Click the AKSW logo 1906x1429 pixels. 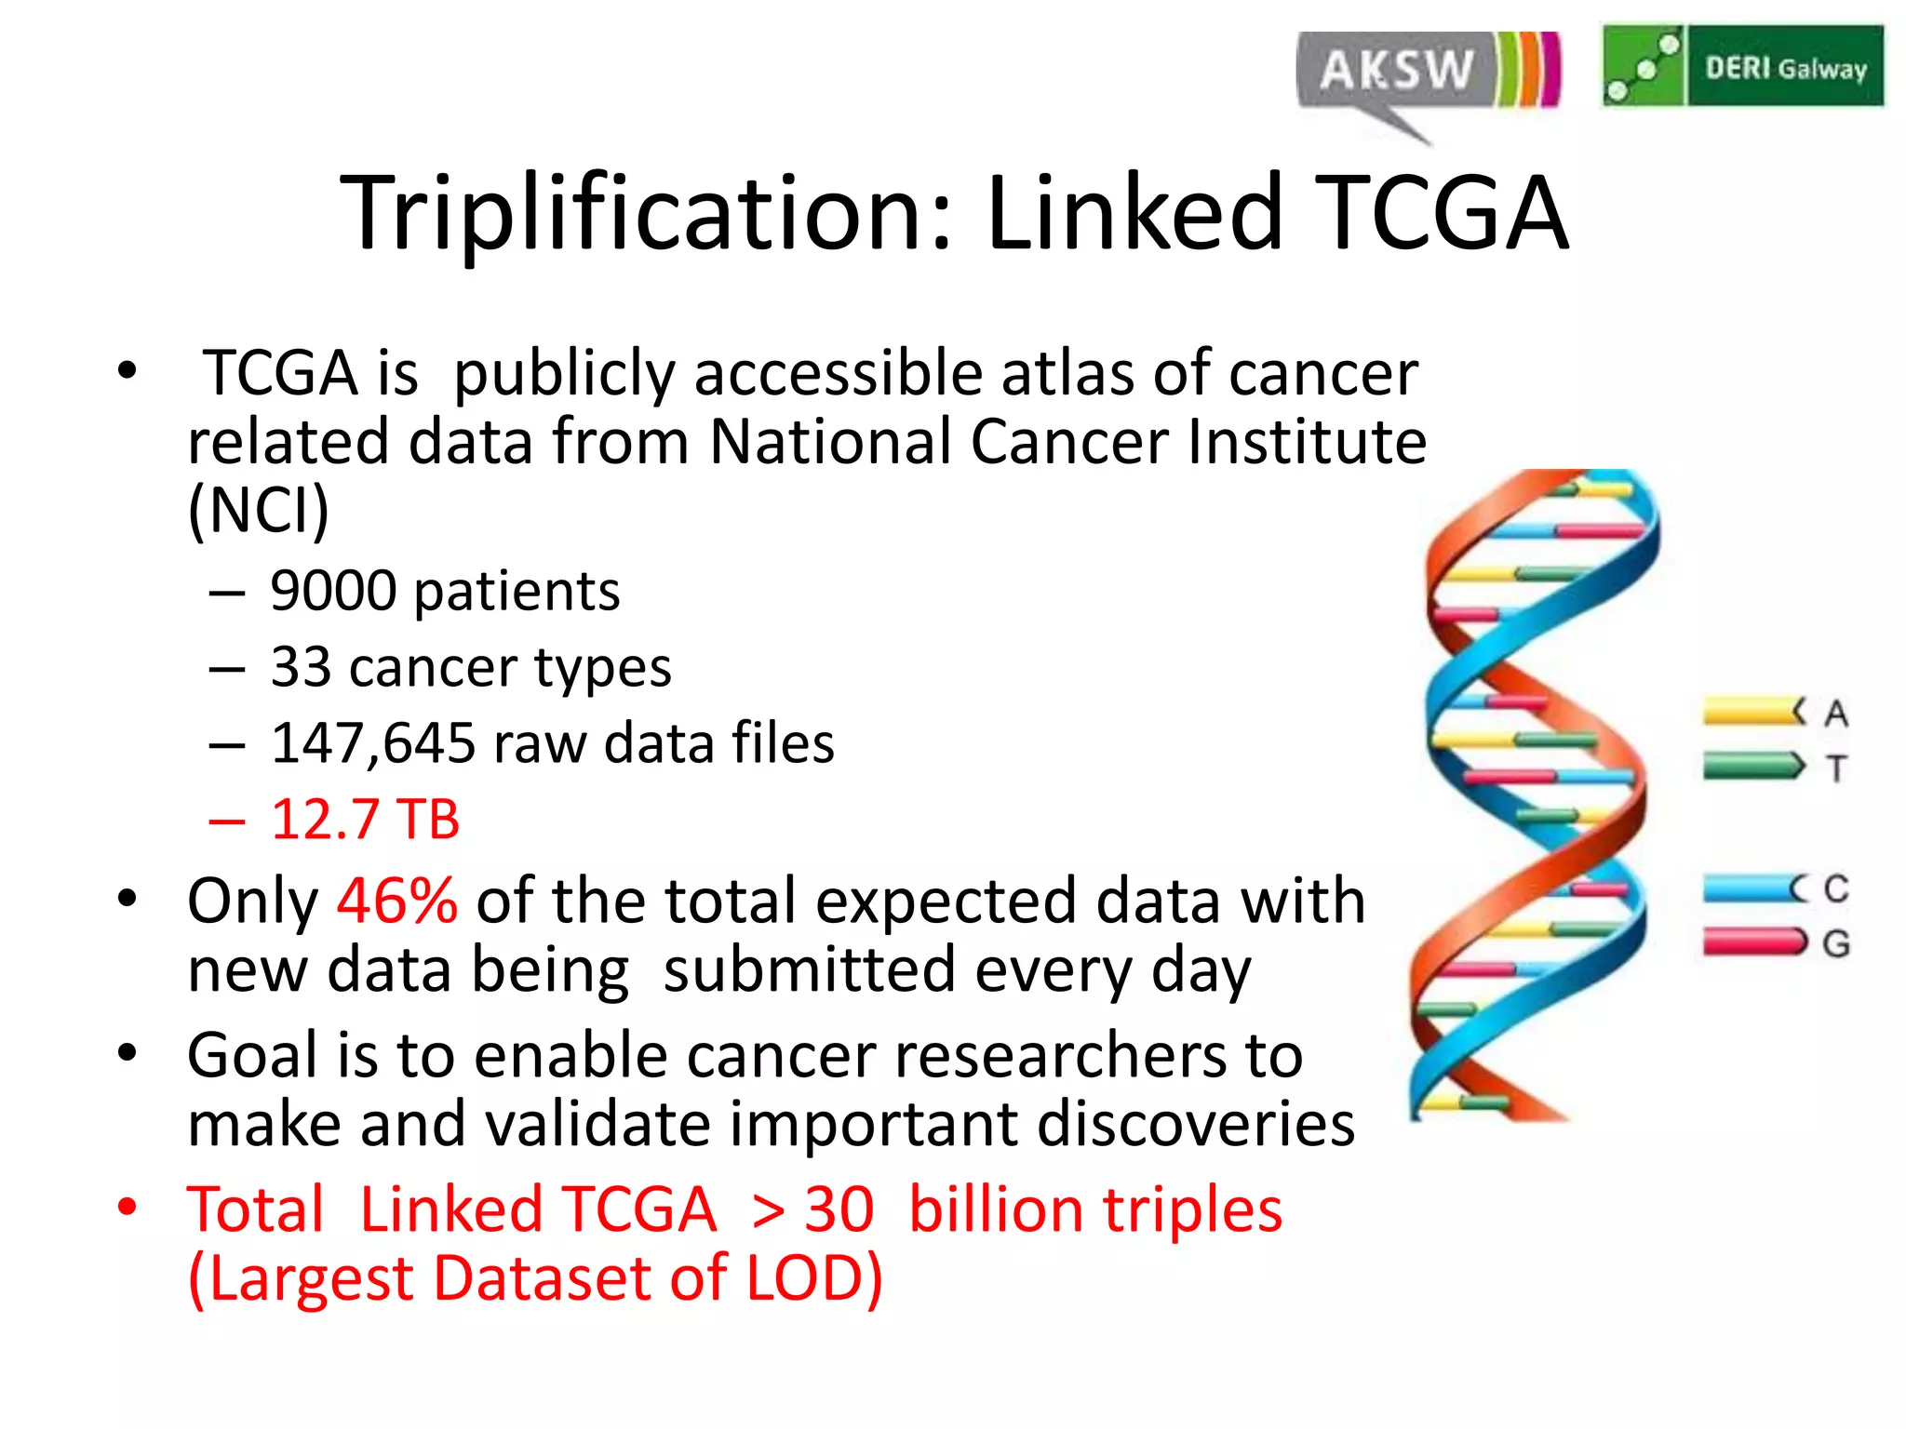tap(1427, 73)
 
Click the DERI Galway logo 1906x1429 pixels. tap(1742, 67)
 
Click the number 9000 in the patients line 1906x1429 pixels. tap(333, 592)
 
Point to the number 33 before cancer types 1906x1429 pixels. tap(301, 668)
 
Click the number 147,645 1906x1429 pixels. tap(372, 744)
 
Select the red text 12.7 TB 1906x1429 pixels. tap(365, 821)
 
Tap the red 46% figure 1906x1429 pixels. tap(397, 901)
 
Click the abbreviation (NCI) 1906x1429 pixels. tap(259, 510)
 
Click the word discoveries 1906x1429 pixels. tap(1195, 1125)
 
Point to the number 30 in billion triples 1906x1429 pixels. tap(839, 1210)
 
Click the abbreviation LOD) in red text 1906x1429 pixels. tap(814, 1279)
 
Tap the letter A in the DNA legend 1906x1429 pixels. tap(1835, 714)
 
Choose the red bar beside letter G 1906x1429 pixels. tap(1752, 942)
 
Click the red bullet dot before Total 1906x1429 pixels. tap(128, 1208)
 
